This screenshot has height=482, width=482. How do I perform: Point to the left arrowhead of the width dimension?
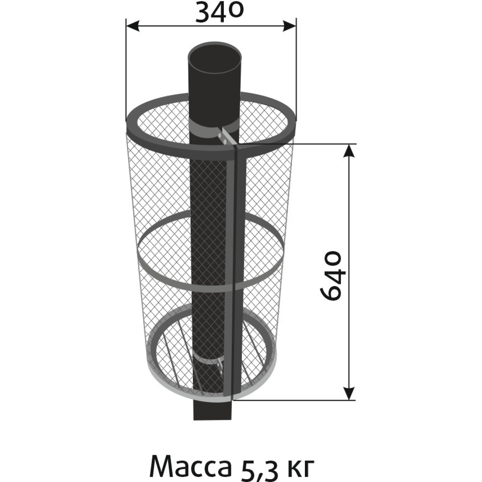point(133,26)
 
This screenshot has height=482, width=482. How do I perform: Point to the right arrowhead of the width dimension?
point(289,26)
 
